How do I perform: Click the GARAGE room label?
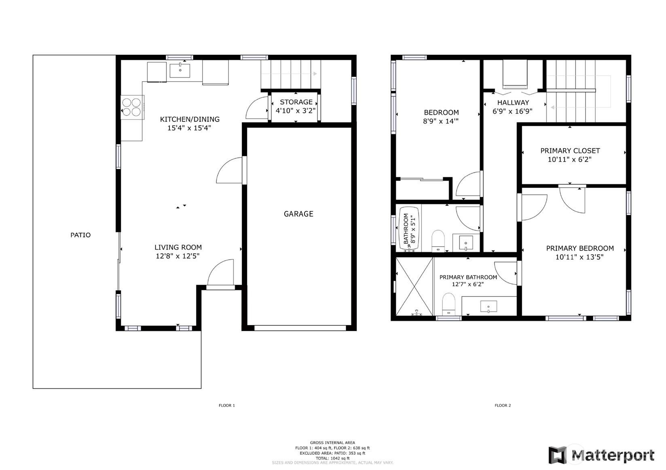click(x=298, y=214)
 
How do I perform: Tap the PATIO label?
click(x=80, y=235)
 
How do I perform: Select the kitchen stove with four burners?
click(x=132, y=107)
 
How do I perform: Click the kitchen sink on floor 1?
click(x=180, y=71)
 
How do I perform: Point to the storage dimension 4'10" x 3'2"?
click(x=296, y=111)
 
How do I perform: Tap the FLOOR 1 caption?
click(x=227, y=405)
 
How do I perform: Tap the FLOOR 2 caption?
click(x=503, y=405)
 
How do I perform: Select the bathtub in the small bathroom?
click(x=409, y=229)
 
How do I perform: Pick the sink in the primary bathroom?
click(x=488, y=306)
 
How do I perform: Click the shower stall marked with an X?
click(x=414, y=287)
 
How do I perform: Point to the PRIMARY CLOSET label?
click(x=570, y=151)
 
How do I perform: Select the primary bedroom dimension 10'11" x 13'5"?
click(x=580, y=257)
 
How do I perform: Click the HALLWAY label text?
click(x=513, y=103)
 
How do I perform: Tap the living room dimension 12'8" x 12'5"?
click(x=178, y=256)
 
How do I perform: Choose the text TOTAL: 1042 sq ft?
click(x=332, y=458)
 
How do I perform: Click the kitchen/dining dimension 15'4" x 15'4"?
click(x=189, y=128)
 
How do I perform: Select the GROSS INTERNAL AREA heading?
click(x=332, y=443)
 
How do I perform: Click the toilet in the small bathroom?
click(x=438, y=241)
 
